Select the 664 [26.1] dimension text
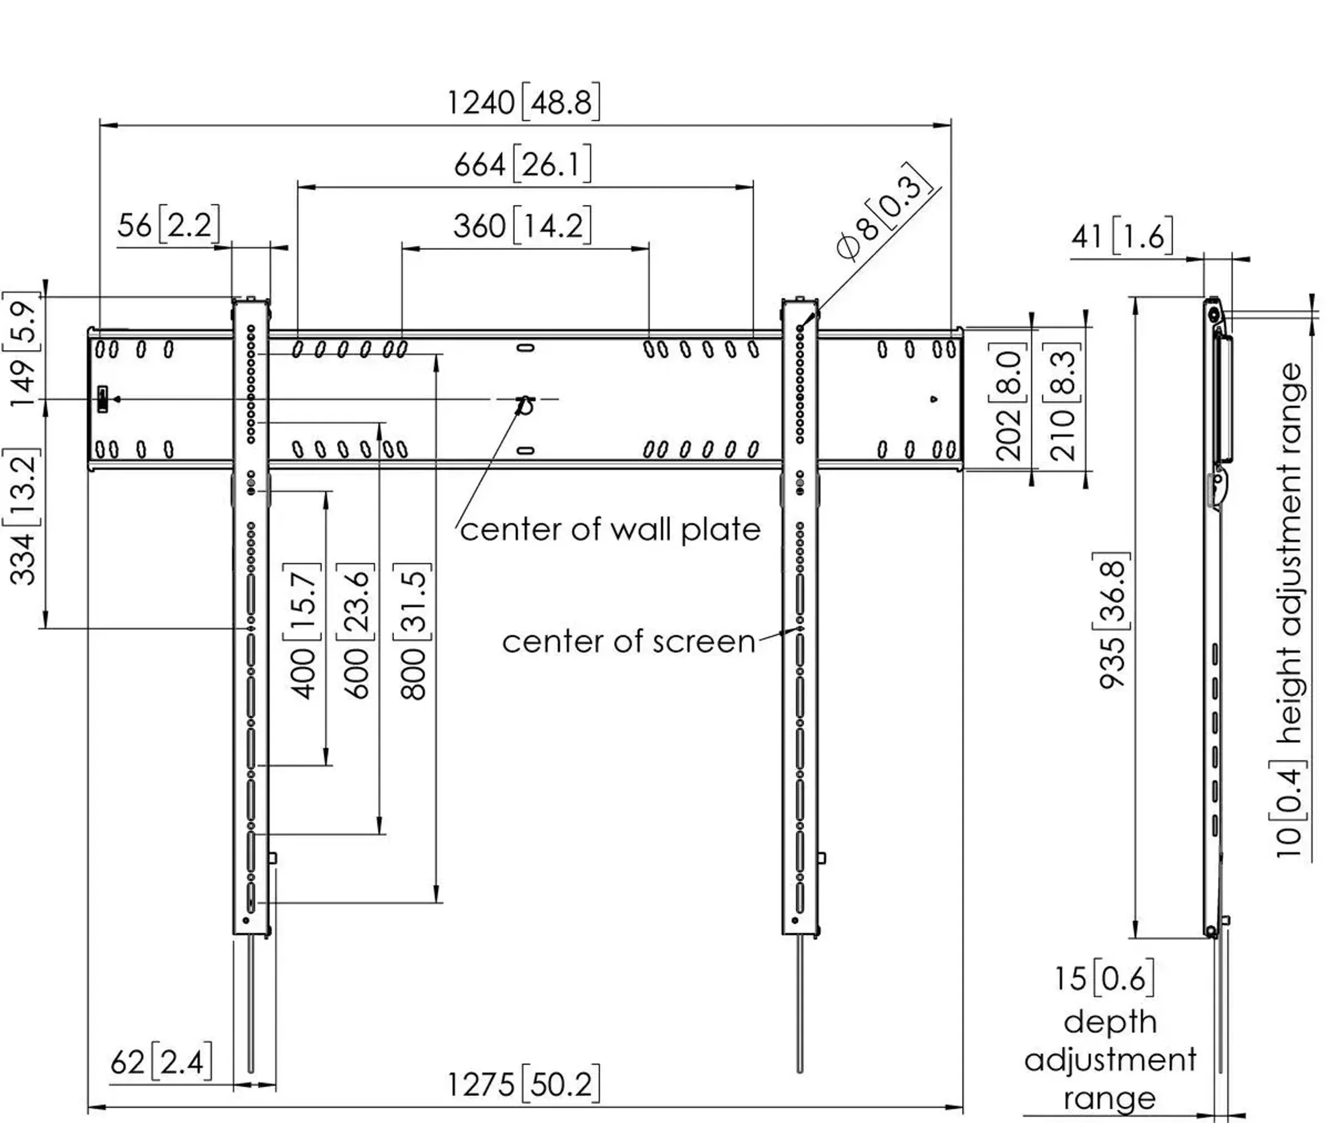[522, 164]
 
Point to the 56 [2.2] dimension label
[168, 225]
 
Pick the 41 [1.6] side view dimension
[1122, 237]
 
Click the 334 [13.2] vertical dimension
[23, 517]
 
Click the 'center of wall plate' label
[610, 530]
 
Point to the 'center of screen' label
[628, 642]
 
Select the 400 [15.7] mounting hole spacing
[304, 630]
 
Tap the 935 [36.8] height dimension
[1113, 620]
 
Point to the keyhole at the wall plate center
[525, 405]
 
